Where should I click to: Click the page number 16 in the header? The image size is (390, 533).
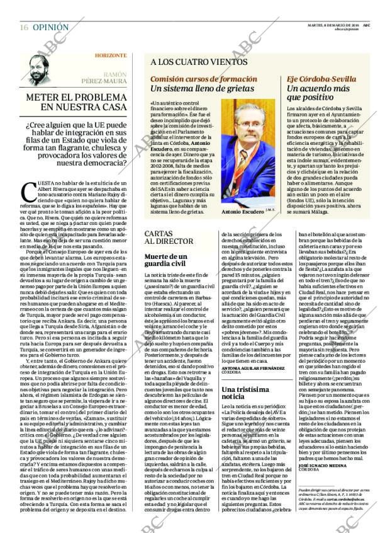coord(23,27)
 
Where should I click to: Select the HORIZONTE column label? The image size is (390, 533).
coord(110,55)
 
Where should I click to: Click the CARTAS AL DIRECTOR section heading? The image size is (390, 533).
coord(165,237)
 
